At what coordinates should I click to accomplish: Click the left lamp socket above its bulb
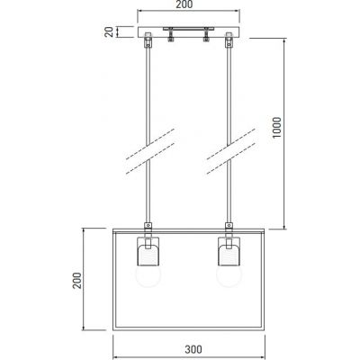pyautogui.click(x=148, y=247)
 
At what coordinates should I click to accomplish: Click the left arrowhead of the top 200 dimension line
pyautogui.click(x=139, y=14)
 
